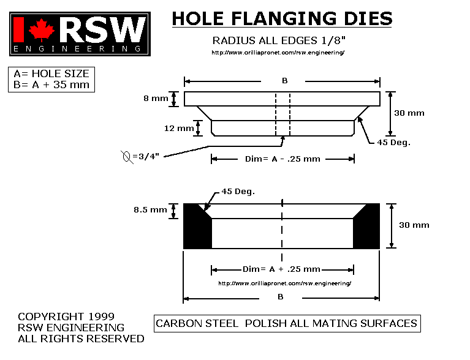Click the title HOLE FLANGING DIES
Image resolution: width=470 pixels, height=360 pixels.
(x=282, y=18)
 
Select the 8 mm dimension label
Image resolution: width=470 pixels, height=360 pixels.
(x=156, y=99)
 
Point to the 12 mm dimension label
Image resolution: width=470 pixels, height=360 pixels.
(x=180, y=129)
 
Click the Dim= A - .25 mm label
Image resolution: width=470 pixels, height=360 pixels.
(x=282, y=159)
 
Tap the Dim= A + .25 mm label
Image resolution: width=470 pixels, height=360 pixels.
(x=282, y=269)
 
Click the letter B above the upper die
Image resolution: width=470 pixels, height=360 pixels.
(x=284, y=81)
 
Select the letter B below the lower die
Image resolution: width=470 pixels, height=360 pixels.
(x=280, y=298)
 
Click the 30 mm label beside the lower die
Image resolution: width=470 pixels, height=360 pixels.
(x=415, y=225)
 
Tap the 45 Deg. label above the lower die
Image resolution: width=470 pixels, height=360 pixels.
(x=239, y=192)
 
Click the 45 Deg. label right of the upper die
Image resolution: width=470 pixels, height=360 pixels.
(x=393, y=143)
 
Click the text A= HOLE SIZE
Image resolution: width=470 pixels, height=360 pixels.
(x=51, y=73)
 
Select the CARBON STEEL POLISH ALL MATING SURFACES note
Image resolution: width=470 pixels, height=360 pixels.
(x=286, y=323)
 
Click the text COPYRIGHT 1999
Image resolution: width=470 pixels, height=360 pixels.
(x=66, y=317)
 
